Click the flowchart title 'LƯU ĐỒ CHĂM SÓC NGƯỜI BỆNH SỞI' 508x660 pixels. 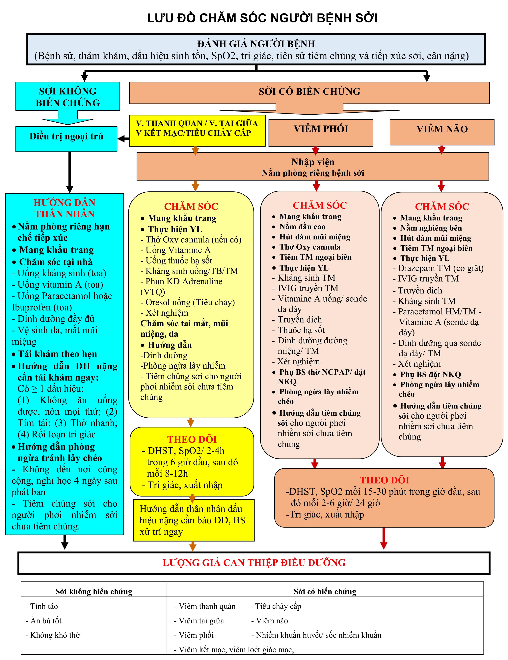coord(262,18)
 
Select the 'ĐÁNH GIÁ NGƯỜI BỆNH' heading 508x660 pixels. coord(256,44)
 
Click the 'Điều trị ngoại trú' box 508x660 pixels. coord(66,139)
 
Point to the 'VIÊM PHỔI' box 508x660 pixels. coord(321,133)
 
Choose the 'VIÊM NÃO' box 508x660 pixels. coord(442,132)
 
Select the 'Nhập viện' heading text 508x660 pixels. coord(313,162)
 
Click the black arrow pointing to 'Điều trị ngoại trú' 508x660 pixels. coord(123,139)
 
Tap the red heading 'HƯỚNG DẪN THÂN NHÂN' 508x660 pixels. coord(64,208)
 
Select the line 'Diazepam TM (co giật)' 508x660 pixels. coord(438,268)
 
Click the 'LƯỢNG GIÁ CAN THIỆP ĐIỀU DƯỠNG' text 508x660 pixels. coord(254,563)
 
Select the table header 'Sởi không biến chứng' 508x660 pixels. coord(94,591)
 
